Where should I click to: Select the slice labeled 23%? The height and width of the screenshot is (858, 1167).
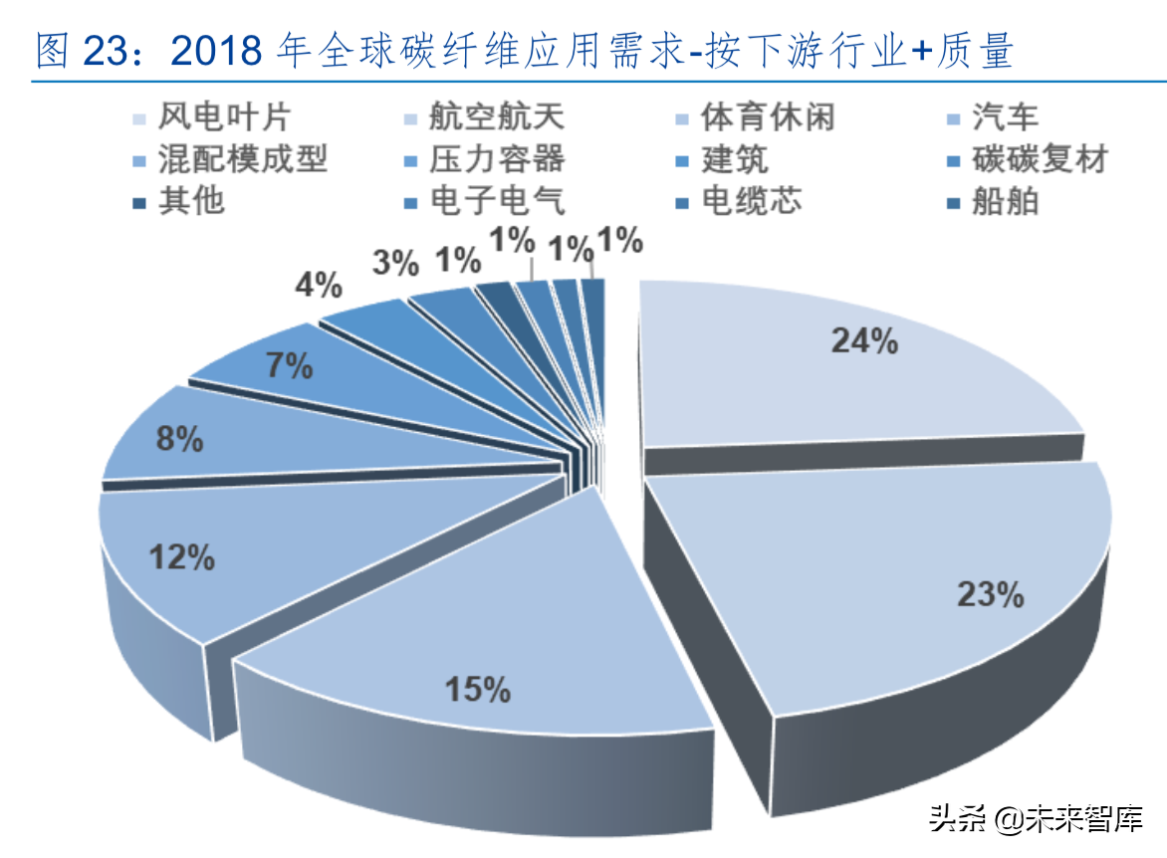(x=896, y=577)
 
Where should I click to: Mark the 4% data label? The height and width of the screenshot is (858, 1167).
(x=319, y=286)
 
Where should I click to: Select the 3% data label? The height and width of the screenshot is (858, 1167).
(x=395, y=263)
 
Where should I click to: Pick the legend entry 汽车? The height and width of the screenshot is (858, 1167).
(x=1005, y=118)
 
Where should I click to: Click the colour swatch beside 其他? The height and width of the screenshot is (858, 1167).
(x=140, y=202)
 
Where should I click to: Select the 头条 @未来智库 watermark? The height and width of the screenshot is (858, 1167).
(x=1036, y=820)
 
